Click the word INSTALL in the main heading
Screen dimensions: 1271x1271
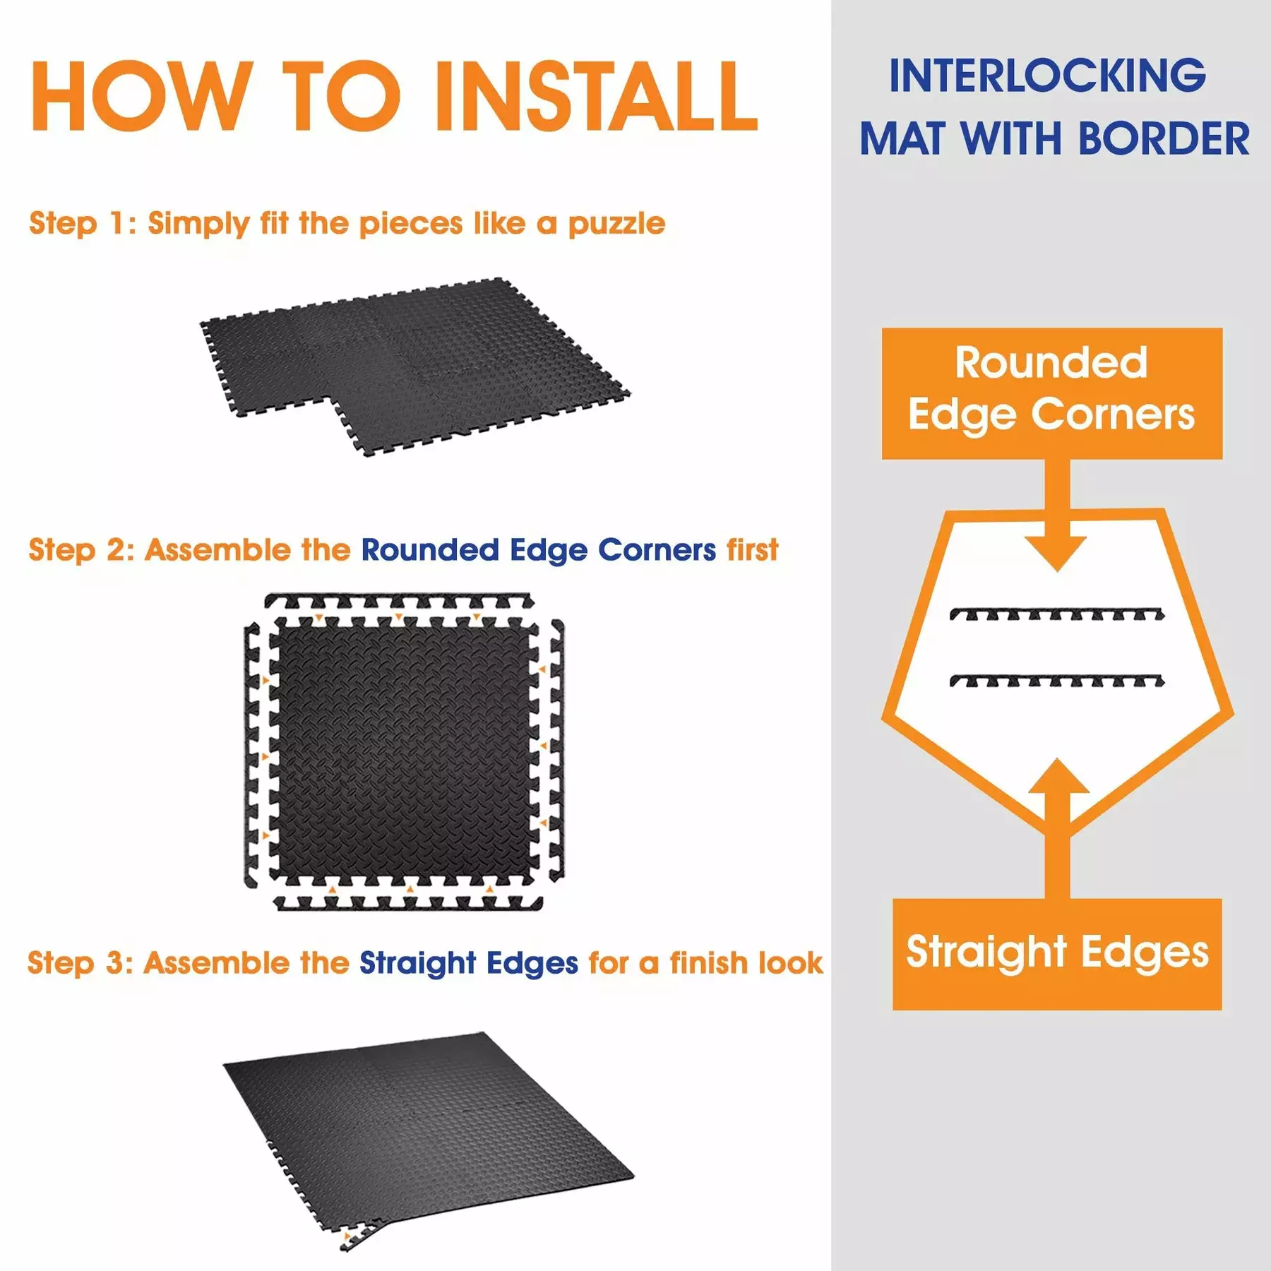[x=595, y=96]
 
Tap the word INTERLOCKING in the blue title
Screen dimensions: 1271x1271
[x=1047, y=76]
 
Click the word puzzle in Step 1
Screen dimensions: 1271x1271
[x=616, y=225]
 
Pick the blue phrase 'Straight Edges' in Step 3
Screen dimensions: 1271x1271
[x=469, y=964]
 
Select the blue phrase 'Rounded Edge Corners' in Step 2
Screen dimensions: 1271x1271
[x=539, y=551]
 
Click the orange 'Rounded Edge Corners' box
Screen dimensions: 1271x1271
[x=1052, y=393]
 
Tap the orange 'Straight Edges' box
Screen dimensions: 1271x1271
[x=1057, y=954]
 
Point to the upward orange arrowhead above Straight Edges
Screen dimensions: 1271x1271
[x=1057, y=776]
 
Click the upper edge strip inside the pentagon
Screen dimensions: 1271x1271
[x=1057, y=614]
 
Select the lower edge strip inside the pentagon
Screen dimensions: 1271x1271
[x=1057, y=681]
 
